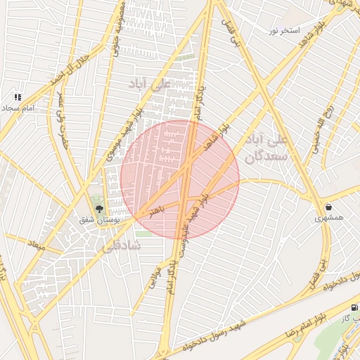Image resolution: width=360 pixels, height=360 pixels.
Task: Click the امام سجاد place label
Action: coord(18,109)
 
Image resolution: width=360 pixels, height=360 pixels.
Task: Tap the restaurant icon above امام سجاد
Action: coord(18,97)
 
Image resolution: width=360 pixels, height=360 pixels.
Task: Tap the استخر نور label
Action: coord(285,31)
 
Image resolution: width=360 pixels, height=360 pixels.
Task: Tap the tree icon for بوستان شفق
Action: coord(99,208)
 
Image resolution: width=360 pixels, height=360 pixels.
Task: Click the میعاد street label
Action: coord(36,247)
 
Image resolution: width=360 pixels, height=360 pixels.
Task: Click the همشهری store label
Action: coord(329,219)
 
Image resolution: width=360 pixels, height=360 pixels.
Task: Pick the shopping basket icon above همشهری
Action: coord(329,207)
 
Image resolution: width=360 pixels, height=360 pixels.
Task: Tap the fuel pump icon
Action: coord(353,307)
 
